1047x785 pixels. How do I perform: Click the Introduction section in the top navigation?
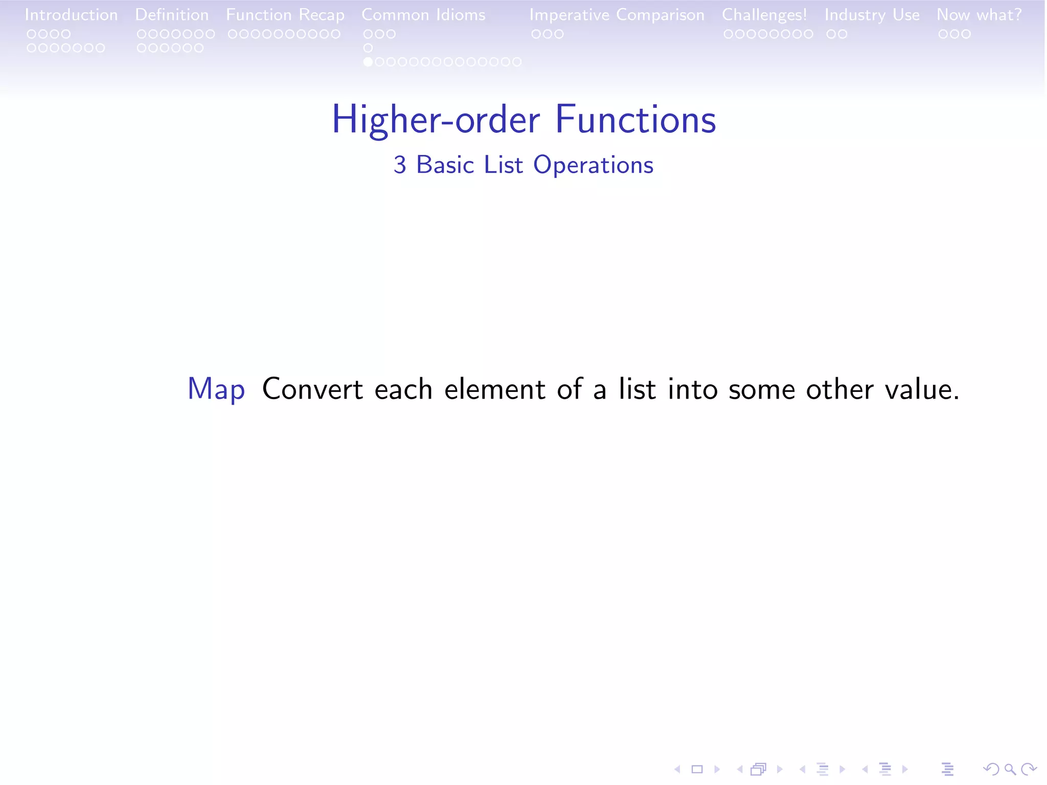tap(71, 15)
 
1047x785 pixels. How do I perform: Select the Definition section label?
tap(172, 15)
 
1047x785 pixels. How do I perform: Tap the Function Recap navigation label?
tap(285, 15)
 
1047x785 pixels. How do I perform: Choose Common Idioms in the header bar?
tap(423, 15)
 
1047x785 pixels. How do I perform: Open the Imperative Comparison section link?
tap(617, 15)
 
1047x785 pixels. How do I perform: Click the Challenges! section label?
tap(764, 15)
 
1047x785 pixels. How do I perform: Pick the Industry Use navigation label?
tap(872, 15)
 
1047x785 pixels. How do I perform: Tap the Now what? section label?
tap(979, 15)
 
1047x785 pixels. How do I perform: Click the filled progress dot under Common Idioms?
tap(368, 62)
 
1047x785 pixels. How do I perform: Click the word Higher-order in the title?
tap(436, 120)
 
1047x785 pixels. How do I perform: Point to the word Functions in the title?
tap(635, 120)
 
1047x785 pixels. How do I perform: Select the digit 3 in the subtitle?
tap(400, 165)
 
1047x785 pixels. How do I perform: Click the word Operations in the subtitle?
tap(593, 165)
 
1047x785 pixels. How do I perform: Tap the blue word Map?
tap(216, 389)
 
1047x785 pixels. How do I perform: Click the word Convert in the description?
tap(312, 389)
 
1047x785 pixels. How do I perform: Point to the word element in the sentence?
tap(494, 389)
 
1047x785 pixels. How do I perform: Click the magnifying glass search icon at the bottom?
tap(1010, 769)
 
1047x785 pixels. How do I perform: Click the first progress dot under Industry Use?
tap(831, 34)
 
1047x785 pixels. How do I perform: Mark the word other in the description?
tap(839, 389)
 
